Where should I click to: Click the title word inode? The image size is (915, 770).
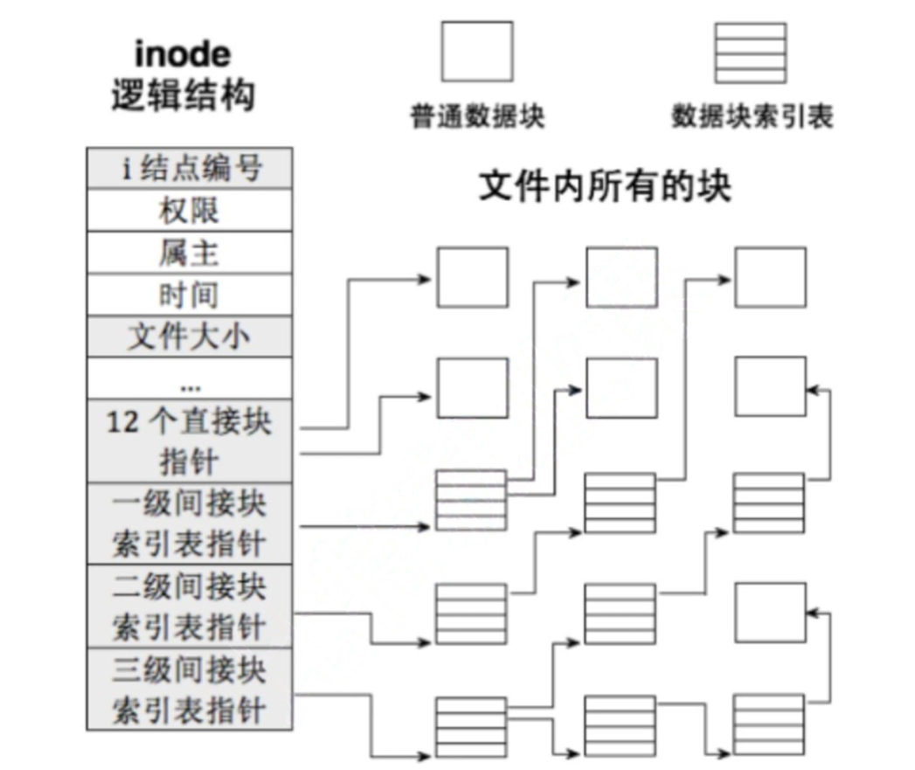183,54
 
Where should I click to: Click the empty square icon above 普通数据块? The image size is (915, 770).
476,52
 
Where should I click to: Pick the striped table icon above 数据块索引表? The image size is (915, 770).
750,52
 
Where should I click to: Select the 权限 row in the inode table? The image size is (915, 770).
190,211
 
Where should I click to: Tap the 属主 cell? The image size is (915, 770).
190,253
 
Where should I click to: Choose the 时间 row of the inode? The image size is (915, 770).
190,295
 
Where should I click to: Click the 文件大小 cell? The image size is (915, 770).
190,336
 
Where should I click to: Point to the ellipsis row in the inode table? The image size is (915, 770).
190,379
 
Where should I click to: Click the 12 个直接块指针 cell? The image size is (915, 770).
190,442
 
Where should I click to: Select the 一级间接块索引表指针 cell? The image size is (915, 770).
190,524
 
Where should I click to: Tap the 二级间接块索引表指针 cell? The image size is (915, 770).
190,606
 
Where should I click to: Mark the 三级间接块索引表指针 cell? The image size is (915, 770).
190,689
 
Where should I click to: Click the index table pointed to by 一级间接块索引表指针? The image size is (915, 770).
471,500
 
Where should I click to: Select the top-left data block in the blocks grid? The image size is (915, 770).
472,277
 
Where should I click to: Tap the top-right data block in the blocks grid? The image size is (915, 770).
770,277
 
